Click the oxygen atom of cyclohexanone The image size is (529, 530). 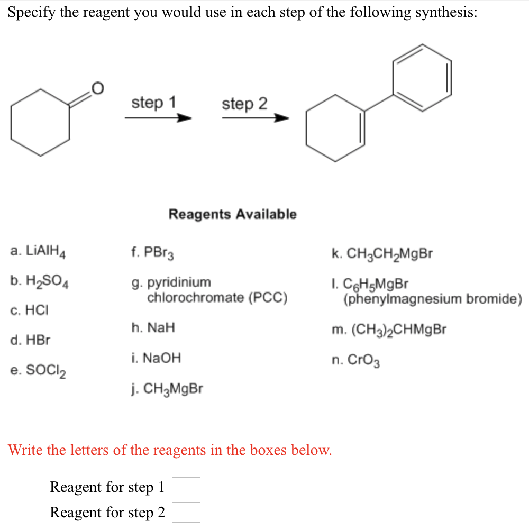click(x=98, y=87)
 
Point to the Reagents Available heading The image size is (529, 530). click(x=232, y=214)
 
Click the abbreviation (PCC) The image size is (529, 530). click(x=268, y=298)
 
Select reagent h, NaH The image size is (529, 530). click(x=153, y=328)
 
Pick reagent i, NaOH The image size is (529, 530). click(x=157, y=358)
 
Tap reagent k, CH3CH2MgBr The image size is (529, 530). click(x=381, y=253)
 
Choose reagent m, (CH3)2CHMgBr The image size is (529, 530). click(x=388, y=330)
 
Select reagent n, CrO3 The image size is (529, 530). click(x=356, y=361)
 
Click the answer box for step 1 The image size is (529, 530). click(x=186, y=487)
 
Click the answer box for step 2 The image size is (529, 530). click(x=186, y=512)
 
